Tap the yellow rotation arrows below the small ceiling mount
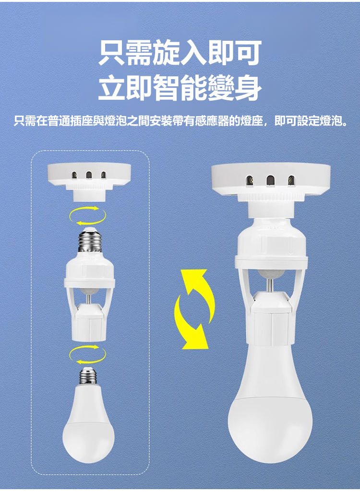88,216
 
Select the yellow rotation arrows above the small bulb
88,354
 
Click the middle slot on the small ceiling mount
89,175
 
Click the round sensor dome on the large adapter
270,274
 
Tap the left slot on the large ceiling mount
250,180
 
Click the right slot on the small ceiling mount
103,175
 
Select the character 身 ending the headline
248,88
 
